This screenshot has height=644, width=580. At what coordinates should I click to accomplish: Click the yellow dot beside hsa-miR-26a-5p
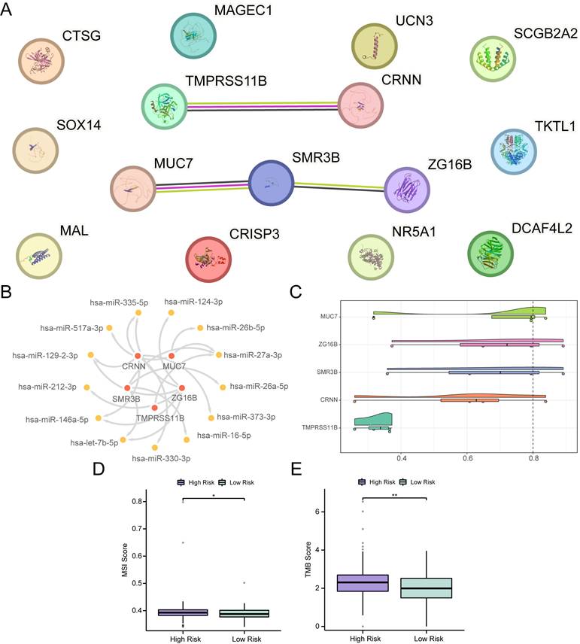tap(222, 387)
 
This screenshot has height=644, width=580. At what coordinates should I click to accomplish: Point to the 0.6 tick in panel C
tap(467, 456)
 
